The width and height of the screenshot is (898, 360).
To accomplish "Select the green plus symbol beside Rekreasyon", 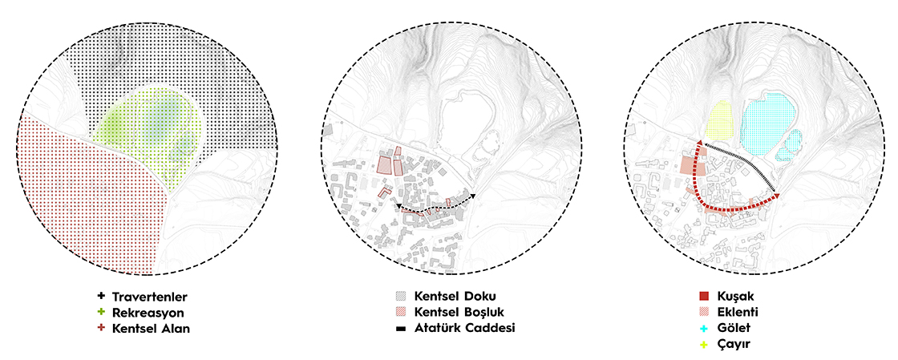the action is [101, 313].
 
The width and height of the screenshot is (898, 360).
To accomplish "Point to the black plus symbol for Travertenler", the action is [101, 297].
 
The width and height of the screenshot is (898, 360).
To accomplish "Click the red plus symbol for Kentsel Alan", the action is [101, 328].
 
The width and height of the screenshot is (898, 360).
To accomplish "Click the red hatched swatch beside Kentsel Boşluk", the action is [400, 313].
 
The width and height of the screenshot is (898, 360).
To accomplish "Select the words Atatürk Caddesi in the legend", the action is [464, 329].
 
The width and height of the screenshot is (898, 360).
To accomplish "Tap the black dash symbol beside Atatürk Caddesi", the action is [400, 329].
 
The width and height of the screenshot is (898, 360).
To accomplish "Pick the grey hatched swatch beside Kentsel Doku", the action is [400, 297].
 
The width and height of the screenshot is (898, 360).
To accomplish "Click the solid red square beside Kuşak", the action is [705, 297].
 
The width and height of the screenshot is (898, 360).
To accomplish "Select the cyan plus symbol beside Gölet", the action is [705, 328].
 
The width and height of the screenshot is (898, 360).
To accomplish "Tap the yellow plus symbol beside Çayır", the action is [705, 344].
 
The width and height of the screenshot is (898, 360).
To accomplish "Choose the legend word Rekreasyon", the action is [148, 313].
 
